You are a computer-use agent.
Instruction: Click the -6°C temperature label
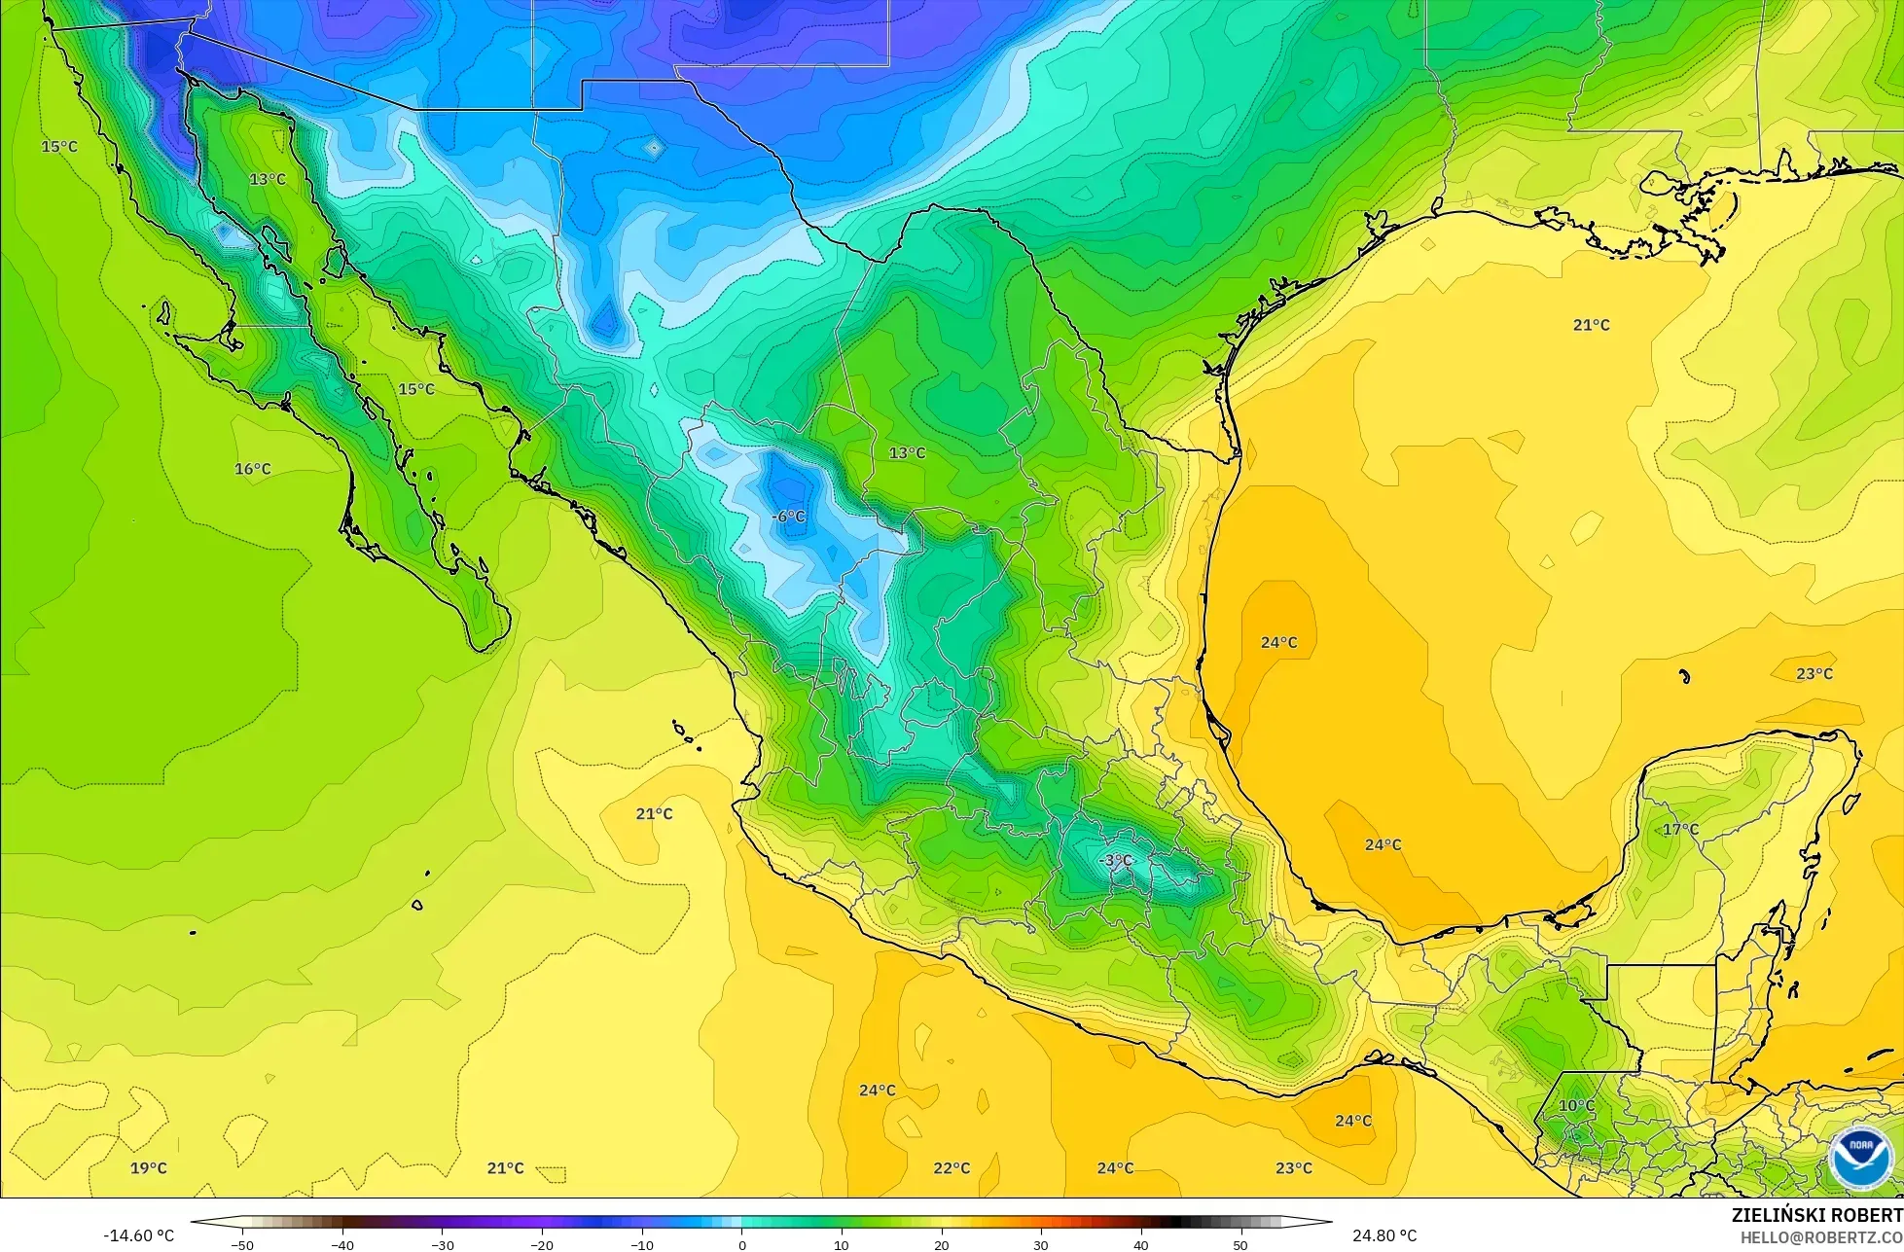point(788,517)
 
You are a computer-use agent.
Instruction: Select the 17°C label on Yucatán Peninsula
point(1680,829)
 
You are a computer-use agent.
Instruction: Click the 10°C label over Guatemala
point(1576,1105)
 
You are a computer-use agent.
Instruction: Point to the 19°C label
point(149,1167)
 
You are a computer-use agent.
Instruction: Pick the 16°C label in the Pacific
point(252,469)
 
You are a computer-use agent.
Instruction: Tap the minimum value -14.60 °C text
point(139,1235)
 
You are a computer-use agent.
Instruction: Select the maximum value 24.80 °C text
point(1384,1235)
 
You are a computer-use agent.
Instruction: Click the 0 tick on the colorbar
point(742,1244)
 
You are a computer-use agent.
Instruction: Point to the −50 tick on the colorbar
point(242,1244)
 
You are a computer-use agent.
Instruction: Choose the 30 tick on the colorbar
point(1041,1244)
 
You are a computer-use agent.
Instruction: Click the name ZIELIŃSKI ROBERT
point(1816,1215)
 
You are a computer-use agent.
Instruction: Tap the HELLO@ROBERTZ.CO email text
point(1821,1236)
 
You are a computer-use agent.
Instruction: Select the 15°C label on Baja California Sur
point(416,389)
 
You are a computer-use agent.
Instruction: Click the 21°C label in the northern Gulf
point(1591,325)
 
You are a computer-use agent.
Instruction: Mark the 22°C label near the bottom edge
point(952,1167)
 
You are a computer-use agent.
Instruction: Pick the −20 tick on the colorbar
point(542,1244)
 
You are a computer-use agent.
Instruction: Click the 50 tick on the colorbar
point(1240,1244)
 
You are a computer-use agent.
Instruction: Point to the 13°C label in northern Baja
point(268,179)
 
